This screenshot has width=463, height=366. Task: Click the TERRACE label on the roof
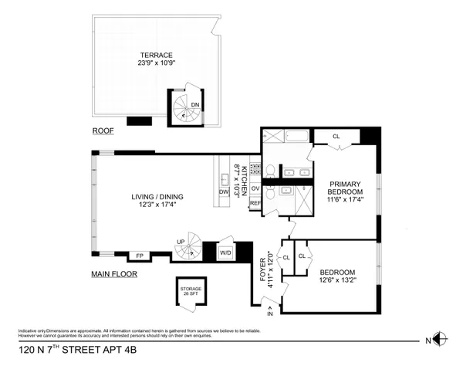coord(156,56)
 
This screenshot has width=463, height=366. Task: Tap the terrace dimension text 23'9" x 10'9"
coord(156,65)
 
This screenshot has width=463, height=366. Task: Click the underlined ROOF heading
coord(102,131)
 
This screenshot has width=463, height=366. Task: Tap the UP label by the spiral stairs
coord(181,242)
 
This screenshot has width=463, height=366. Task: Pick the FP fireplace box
coord(140,256)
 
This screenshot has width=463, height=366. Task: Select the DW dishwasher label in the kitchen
coord(225,193)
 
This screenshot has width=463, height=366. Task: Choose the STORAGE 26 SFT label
coord(188,291)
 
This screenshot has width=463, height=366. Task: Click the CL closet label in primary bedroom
coord(336,137)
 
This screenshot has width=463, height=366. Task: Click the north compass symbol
coord(438,338)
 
